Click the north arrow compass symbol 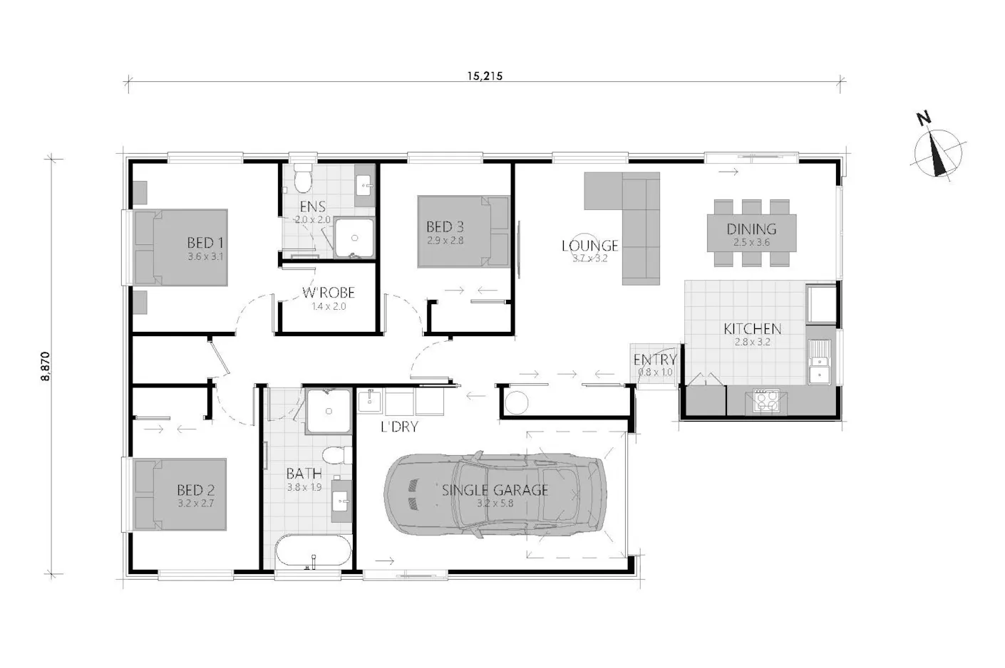click(x=938, y=152)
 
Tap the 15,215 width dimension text click(x=485, y=76)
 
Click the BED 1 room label click(x=205, y=243)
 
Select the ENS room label click(x=313, y=207)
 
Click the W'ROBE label click(x=328, y=293)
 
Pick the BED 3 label click(x=445, y=227)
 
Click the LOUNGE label click(x=589, y=246)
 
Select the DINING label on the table click(x=751, y=229)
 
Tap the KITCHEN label click(x=752, y=329)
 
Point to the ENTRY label click(x=654, y=360)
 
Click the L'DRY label click(x=398, y=427)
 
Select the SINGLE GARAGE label click(x=495, y=490)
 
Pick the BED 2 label click(x=195, y=490)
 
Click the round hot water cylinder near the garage click(x=516, y=402)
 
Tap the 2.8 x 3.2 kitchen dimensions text click(x=752, y=342)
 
